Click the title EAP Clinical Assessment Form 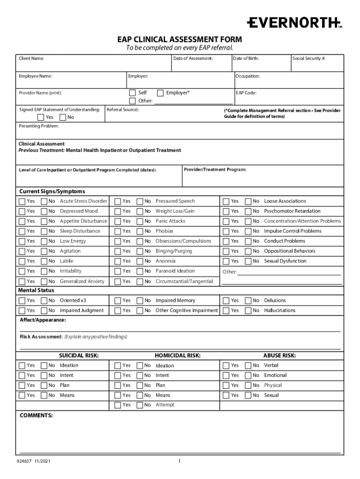click(180, 39)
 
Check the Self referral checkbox click(132, 93)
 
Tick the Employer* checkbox click(160, 93)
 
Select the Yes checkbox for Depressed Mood click(22, 211)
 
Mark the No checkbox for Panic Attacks click(139, 221)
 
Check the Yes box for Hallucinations click(226, 311)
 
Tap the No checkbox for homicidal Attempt click(139, 405)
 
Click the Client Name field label click(31, 58)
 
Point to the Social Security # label click(309, 58)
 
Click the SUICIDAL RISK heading click(79, 356)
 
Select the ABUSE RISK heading click(279, 356)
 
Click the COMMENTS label click(36, 415)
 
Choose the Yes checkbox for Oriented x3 click(22, 301)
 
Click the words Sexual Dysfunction click(285, 261)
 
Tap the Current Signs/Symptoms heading click(52, 191)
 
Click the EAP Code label click(246, 93)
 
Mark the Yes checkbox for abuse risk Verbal click(226, 365)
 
